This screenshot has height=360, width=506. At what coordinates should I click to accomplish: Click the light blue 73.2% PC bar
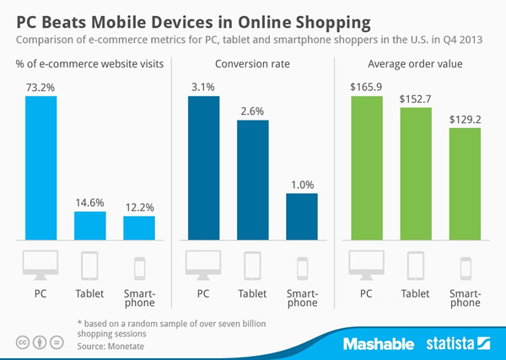click(41, 167)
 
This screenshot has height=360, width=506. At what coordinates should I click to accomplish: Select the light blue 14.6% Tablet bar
click(90, 224)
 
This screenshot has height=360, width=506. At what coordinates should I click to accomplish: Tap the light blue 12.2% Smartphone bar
click(139, 227)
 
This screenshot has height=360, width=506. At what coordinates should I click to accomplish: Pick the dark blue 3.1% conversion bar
click(203, 167)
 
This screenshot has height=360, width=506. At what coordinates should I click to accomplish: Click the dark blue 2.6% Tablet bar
click(252, 179)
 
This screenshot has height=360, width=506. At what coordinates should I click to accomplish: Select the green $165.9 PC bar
click(366, 167)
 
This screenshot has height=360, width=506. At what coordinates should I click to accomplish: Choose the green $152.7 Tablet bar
click(415, 173)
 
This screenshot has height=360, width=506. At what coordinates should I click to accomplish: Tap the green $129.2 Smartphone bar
click(464, 183)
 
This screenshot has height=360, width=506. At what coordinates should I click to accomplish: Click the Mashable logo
click(379, 343)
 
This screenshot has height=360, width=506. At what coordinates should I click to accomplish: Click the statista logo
click(456, 343)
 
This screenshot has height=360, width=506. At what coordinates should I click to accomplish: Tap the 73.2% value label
click(41, 86)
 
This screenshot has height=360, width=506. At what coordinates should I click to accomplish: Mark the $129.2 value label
click(464, 120)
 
